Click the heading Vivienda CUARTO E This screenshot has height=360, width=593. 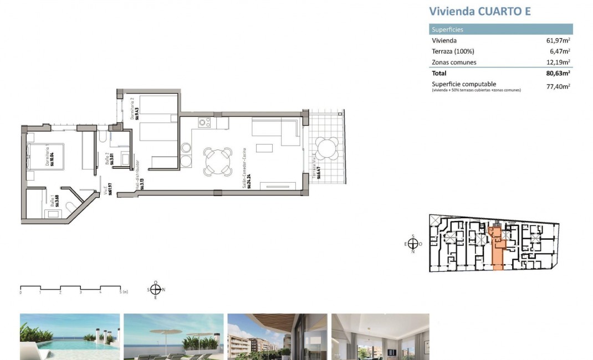point(480,12)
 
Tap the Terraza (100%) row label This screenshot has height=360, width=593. point(453,52)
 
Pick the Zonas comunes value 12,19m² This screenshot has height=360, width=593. point(559,63)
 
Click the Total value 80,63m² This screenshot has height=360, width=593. point(558,73)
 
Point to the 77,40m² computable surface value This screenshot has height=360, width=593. point(559,86)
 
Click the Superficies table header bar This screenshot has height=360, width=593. point(501,29)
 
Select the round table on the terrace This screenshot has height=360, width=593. point(326,148)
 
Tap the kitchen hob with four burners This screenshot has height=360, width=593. point(205,122)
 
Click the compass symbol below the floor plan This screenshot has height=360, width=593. point(156,289)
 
